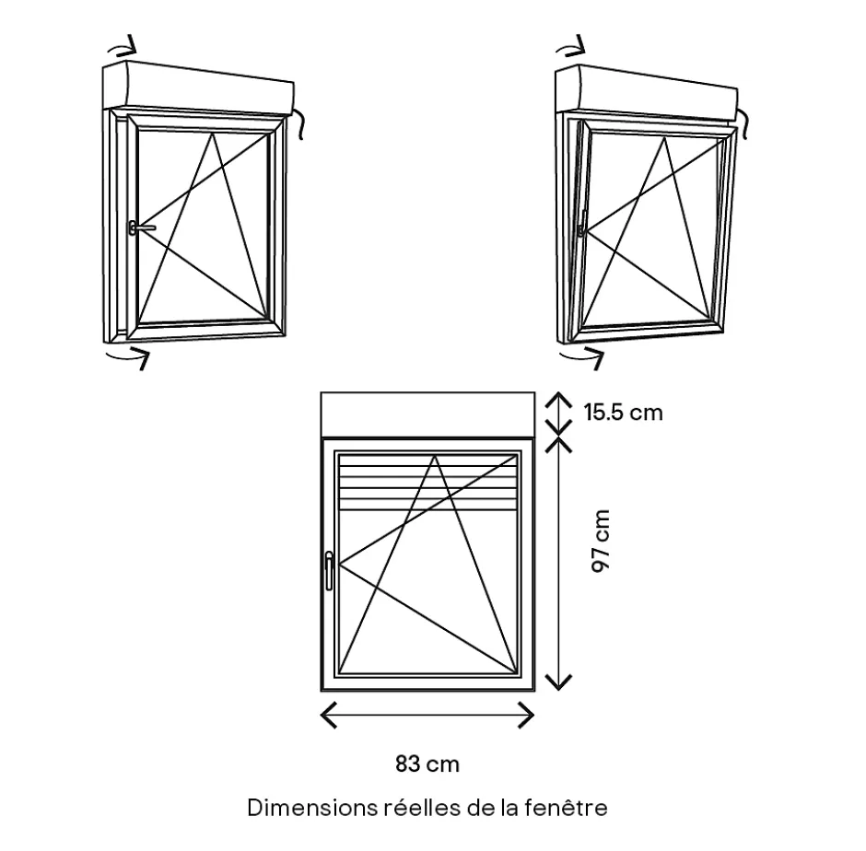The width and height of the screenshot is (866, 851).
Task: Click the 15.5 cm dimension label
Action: (x=624, y=413)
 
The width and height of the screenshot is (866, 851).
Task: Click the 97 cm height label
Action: (x=601, y=542)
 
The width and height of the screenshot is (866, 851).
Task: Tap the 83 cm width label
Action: (x=427, y=764)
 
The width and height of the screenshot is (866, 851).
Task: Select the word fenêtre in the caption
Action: (x=566, y=808)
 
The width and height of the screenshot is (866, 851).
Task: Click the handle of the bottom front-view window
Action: (x=329, y=570)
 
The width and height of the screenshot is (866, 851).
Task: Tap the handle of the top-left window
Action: (x=141, y=227)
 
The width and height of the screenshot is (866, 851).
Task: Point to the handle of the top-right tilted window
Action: (x=582, y=223)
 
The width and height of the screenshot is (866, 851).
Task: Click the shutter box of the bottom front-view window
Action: (x=428, y=414)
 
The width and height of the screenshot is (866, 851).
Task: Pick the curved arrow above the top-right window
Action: (x=570, y=46)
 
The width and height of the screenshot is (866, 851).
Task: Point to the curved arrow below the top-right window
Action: (x=582, y=356)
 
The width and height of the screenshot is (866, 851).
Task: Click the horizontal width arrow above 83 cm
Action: (x=427, y=715)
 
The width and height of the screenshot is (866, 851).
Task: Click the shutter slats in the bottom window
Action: (x=428, y=483)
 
